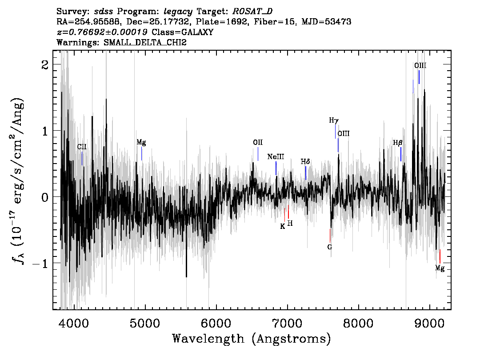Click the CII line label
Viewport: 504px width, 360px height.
click(82, 147)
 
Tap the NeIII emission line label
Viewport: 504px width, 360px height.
click(276, 157)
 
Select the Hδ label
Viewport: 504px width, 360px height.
click(305, 162)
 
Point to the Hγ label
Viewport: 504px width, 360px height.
click(334, 120)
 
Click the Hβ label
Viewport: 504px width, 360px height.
click(398, 143)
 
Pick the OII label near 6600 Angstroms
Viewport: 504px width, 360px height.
click(258, 142)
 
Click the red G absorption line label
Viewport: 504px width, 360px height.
click(329, 247)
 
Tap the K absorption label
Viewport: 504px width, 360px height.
click(283, 226)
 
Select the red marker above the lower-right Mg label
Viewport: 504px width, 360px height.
click(440, 256)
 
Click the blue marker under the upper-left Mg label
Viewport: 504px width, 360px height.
click(141, 154)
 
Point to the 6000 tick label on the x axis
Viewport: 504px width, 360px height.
click(216, 323)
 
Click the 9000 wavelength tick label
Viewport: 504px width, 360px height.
click(429, 323)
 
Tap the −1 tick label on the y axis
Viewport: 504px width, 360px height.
click(40, 263)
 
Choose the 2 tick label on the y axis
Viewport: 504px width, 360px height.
click(45, 64)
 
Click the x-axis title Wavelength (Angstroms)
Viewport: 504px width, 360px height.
click(252, 339)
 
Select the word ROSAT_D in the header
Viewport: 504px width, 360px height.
click(252, 12)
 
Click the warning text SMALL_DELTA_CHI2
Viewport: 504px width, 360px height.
click(145, 42)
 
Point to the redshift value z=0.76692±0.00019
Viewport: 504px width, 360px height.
click(102, 32)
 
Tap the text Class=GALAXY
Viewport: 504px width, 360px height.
click(183, 32)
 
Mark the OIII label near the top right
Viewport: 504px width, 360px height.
click(420, 66)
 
